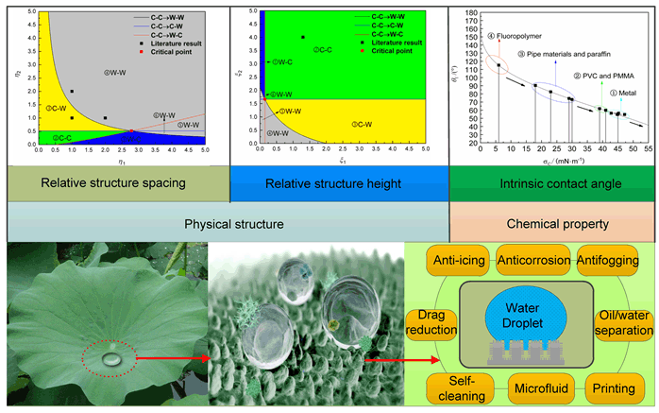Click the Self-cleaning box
pos(458,387)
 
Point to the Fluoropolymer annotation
pos(497,37)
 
